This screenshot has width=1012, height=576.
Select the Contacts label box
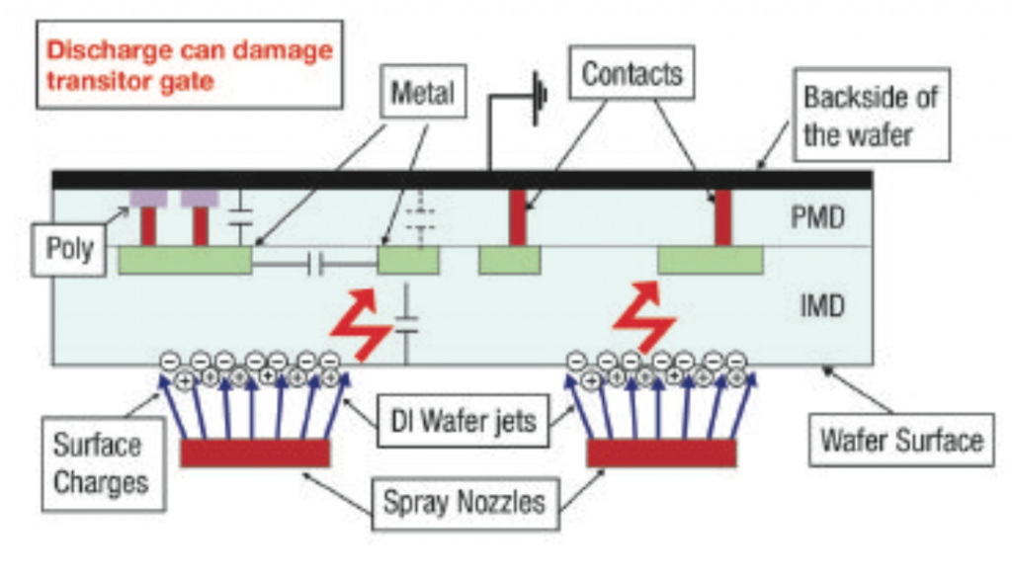tap(632, 73)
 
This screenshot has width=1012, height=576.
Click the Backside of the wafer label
tap(870, 115)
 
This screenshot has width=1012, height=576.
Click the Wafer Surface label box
tap(901, 439)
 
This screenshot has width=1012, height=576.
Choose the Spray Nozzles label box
tap(464, 501)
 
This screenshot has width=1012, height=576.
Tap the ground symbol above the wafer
tap(538, 100)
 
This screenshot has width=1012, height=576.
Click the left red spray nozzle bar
tap(255, 453)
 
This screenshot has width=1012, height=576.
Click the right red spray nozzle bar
tap(661, 453)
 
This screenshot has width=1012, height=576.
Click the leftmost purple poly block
tap(147, 199)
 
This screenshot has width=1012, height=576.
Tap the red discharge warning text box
tap(187, 65)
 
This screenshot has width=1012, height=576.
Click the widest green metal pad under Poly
tap(184, 261)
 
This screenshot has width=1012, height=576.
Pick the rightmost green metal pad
tap(710, 260)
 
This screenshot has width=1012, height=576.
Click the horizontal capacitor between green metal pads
tap(316, 263)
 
